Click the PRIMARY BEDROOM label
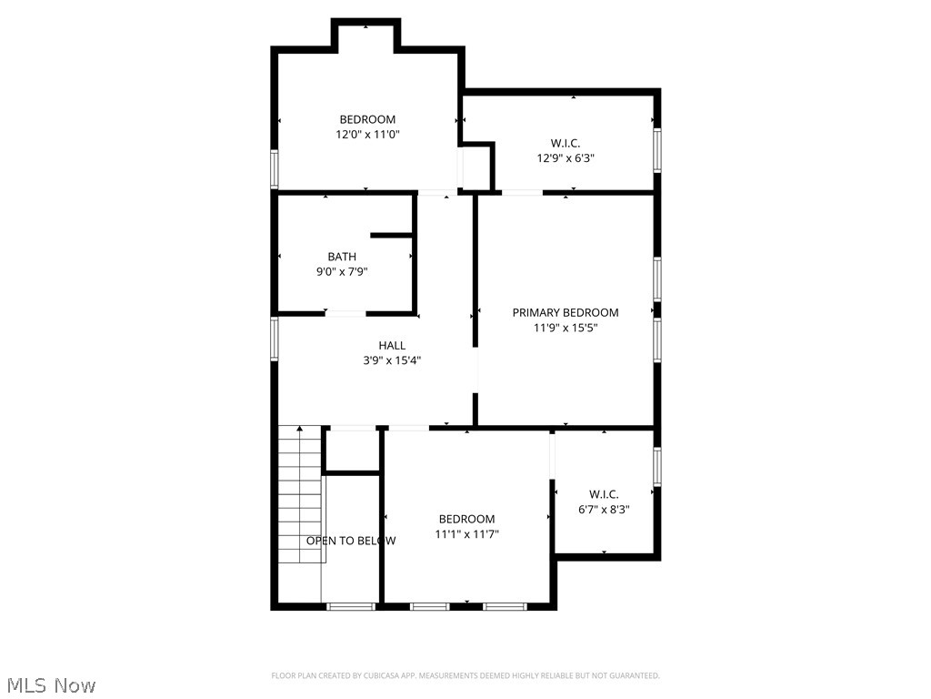(x=565, y=312)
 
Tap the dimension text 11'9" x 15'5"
(x=565, y=328)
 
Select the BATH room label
(x=342, y=257)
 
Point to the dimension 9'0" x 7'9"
(x=342, y=271)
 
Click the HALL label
(x=392, y=345)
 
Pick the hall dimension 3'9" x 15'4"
(x=392, y=360)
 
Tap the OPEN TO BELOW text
(x=351, y=541)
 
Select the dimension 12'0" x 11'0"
(x=367, y=134)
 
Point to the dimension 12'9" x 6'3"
(x=566, y=157)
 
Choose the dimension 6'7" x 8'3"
(x=604, y=510)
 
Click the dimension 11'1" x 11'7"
(x=466, y=534)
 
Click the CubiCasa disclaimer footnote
(x=465, y=675)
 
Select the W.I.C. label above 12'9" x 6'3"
(x=566, y=143)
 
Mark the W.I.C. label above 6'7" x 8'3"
(x=604, y=494)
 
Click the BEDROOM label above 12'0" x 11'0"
(x=367, y=119)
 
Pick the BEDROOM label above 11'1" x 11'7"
(x=466, y=519)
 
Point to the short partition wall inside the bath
(x=392, y=236)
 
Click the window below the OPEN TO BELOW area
(x=351, y=605)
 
